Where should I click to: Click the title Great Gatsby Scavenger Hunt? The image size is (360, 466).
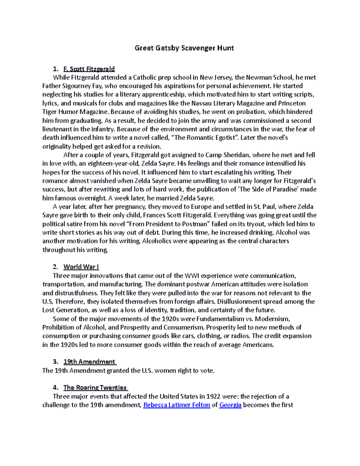tap(184, 48)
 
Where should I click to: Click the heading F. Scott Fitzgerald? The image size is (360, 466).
tap(89, 69)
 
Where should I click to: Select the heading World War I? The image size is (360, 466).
tap(81, 267)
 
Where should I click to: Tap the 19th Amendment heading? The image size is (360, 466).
tap(89, 362)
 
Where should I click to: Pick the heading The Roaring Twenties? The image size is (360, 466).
tap(95, 388)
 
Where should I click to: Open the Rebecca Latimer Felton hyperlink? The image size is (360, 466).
tap(176, 405)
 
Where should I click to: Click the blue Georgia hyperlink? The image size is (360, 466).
tap(230, 405)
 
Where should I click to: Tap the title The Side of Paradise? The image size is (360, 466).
tap(264, 189)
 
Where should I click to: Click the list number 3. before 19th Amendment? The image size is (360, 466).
tap(55, 362)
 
